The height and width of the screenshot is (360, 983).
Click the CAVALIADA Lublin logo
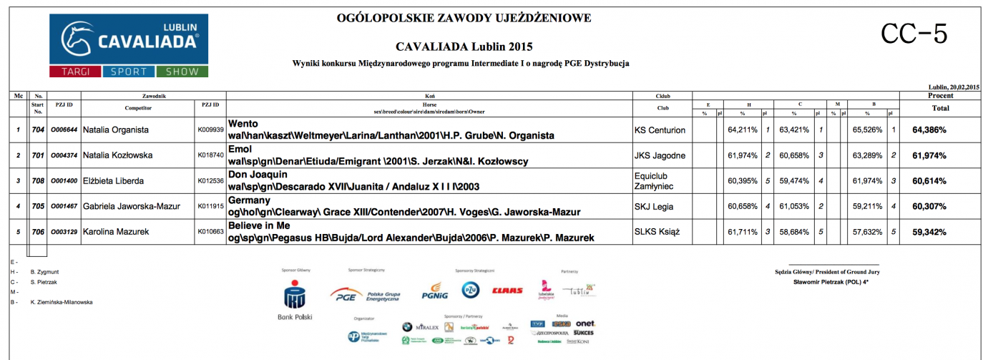pyautogui.click(x=129, y=45)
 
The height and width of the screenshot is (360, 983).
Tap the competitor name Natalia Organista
pyautogui.click(x=116, y=130)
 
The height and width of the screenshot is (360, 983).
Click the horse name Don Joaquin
pyautogui.click(x=257, y=174)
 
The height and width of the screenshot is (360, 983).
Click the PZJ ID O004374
pyautogui.click(x=64, y=155)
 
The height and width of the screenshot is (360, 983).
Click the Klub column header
pyautogui.click(x=662, y=95)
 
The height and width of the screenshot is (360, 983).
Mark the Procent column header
pyautogui.click(x=939, y=95)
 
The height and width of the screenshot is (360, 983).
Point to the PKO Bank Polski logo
pyautogui.click(x=294, y=300)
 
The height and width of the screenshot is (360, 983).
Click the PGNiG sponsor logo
pyautogui.click(x=435, y=292)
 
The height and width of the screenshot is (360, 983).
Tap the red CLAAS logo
pyautogui.click(x=507, y=291)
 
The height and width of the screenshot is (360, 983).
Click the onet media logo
pyautogui.click(x=585, y=323)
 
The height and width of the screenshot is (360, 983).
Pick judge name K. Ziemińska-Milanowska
pyautogui.click(x=62, y=302)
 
